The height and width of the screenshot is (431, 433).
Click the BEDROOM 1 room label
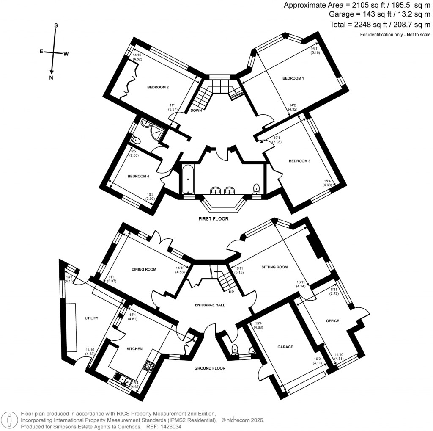click(x=293, y=78)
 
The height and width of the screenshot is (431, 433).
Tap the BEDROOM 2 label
click(x=158, y=87)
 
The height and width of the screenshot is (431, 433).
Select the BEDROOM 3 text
click(x=299, y=161)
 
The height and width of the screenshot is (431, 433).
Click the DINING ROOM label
click(x=144, y=269)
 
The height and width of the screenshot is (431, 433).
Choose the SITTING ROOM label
click(x=274, y=267)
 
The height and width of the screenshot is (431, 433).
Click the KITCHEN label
click(x=134, y=349)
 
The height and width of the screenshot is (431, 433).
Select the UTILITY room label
click(x=91, y=318)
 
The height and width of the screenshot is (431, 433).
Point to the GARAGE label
click(x=285, y=347)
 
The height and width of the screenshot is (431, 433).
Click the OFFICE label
click(x=332, y=321)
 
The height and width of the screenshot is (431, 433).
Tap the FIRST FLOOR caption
click(x=214, y=219)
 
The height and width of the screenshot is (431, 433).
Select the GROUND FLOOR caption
click(x=210, y=368)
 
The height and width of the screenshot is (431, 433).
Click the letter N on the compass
click(x=51, y=78)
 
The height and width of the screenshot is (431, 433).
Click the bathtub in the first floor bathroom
click(x=186, y=180)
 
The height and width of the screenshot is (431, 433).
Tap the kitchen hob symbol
click(x=149, y=365)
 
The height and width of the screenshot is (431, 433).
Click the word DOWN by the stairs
click(x=196, y=111)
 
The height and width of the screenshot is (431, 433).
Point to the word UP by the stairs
click(x=232, y=292)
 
